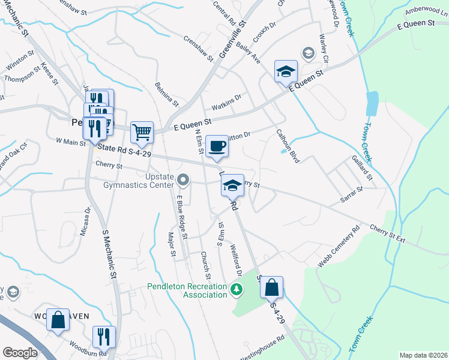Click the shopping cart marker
tap(142, 132)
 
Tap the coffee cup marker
tap(217, 146)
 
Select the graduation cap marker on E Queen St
tap(286, 71)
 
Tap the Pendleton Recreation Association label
tap(187, 290)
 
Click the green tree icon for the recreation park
tap(237, 291)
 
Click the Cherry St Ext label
tap(388, 233)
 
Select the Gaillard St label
tap(363, 169)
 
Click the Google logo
tap(20, 353)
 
